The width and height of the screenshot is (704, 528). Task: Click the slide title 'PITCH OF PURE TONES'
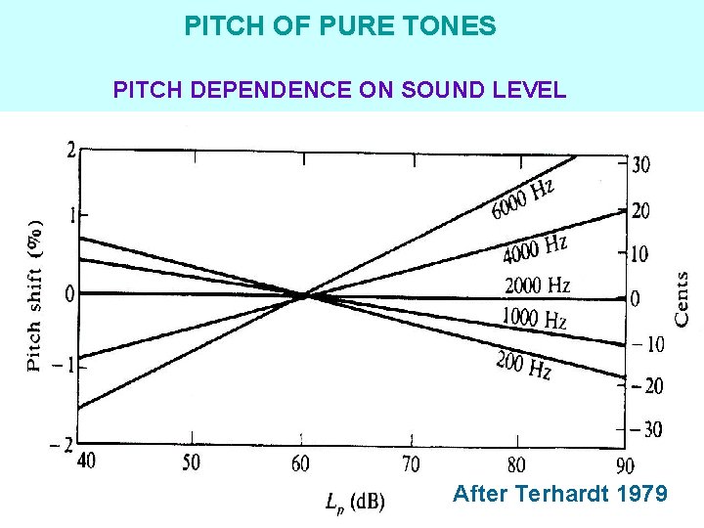(340, 26)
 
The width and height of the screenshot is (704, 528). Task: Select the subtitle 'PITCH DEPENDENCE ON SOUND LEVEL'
(339, 91)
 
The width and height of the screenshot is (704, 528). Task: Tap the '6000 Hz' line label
(523, 198)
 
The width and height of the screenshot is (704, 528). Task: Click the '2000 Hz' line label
(537, 286)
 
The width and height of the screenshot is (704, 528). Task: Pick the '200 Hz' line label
(523, 366)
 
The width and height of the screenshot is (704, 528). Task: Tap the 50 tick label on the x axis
(192, 462)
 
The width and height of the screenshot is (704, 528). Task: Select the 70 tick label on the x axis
(411, 462)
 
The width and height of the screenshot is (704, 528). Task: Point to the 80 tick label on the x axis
(516, 463)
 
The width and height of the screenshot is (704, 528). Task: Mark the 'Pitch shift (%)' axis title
(34, 295)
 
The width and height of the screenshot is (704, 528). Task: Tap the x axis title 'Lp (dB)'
(355, 502)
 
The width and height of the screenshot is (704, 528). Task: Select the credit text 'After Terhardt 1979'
(560, 494)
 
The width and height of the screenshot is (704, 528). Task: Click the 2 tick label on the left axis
(71, 150)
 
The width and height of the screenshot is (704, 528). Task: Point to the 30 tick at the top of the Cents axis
(640, 165)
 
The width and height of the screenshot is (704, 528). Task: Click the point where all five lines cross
(305, 294)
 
